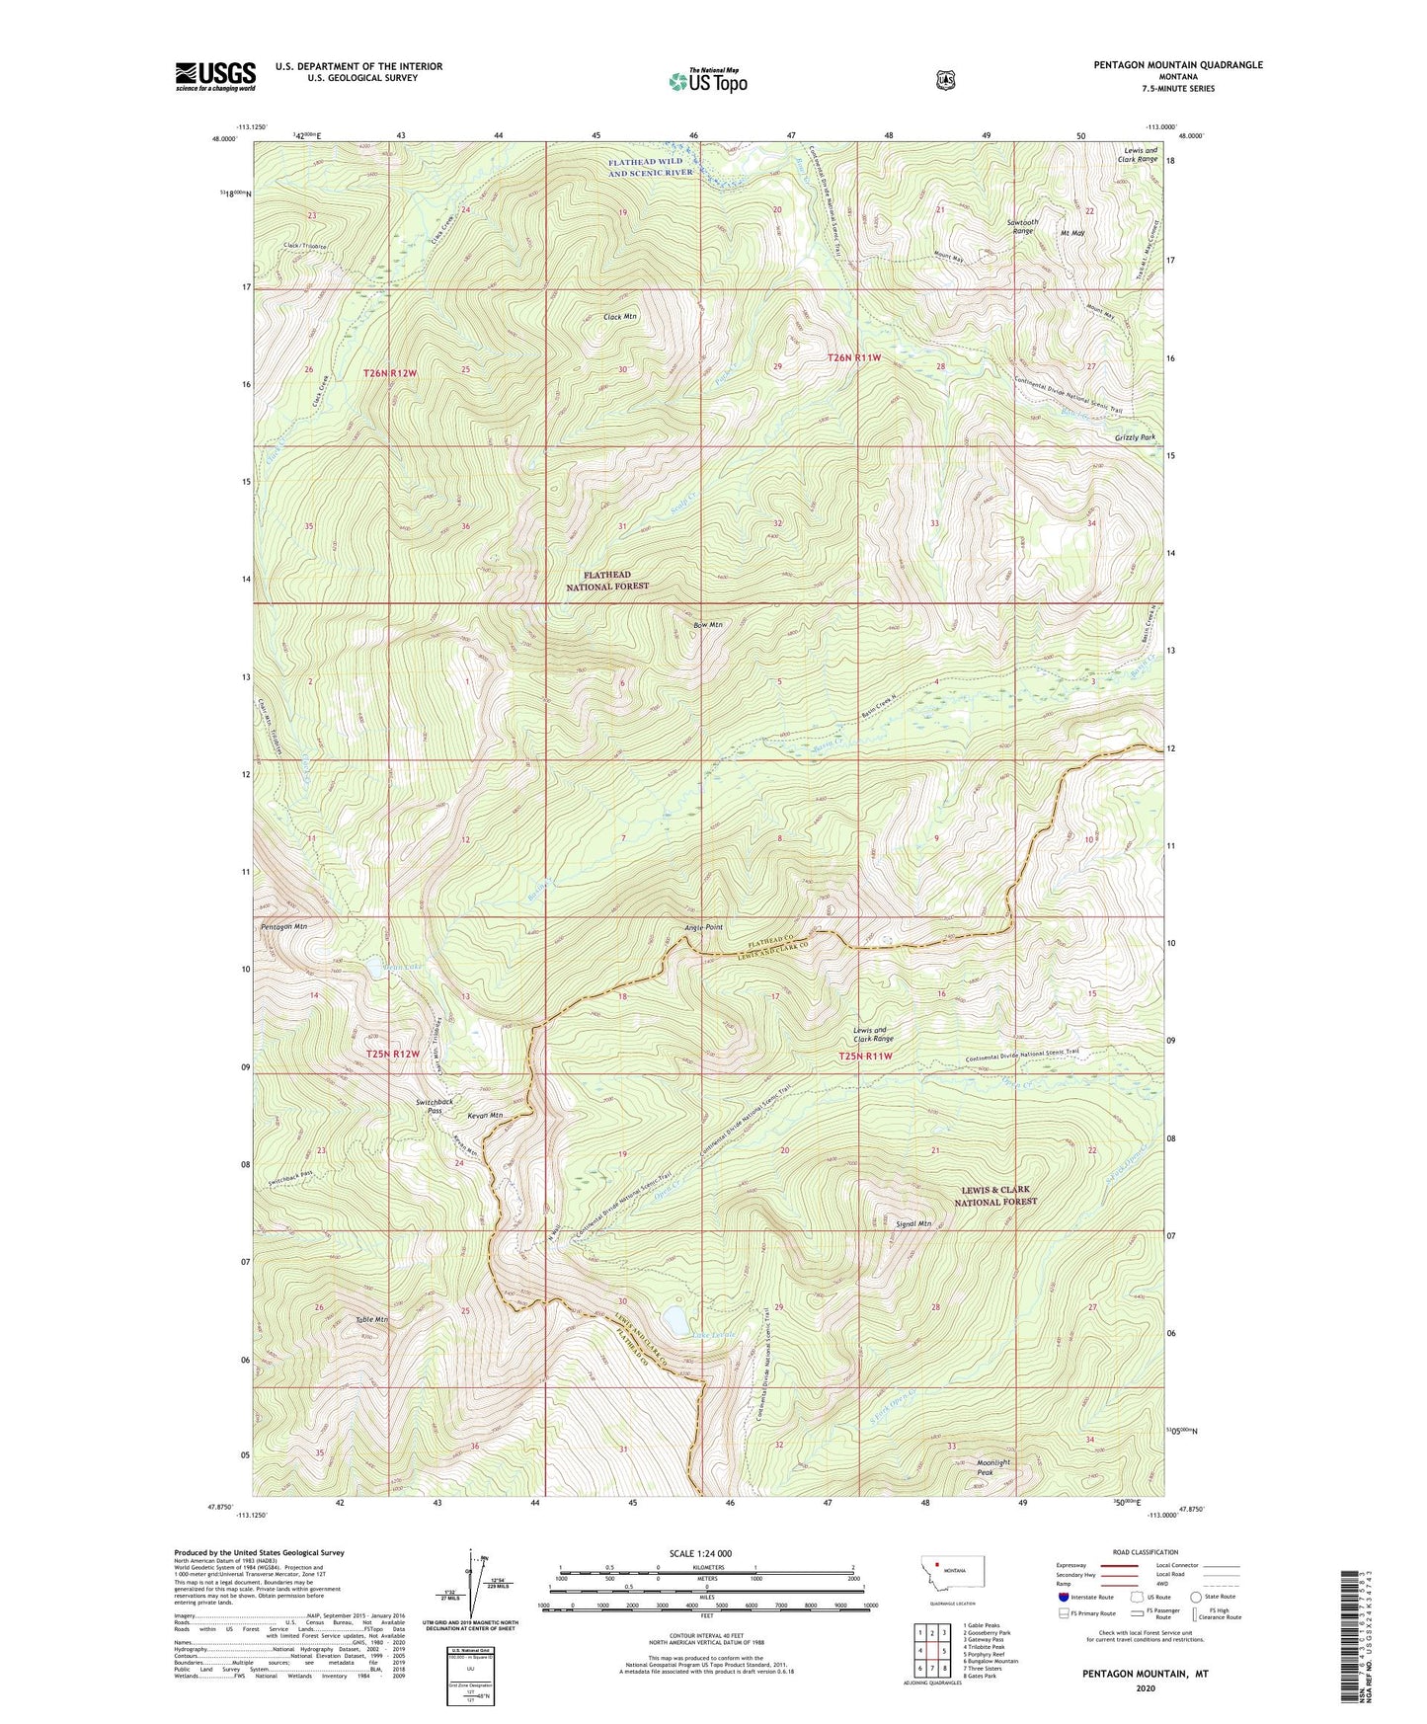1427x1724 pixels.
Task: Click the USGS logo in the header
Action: coord(215,75)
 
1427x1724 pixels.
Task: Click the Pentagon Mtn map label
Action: coord(284,927)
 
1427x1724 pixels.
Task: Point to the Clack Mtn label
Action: coord(619,317)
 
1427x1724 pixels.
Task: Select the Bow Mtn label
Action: coord(708,624)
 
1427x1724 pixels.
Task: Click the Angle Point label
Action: coord(703,927)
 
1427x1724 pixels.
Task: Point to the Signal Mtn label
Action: coord(913,1223)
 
